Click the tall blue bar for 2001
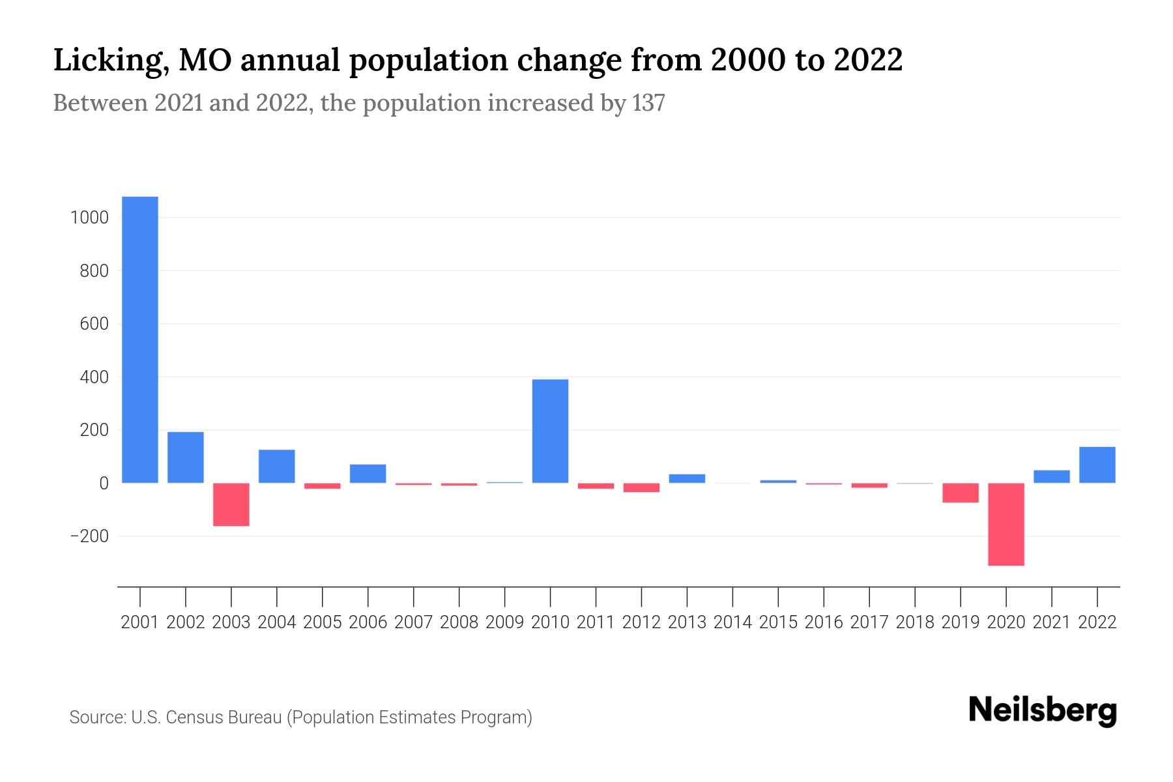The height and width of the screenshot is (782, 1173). pyautogui.click(x=140, y=340)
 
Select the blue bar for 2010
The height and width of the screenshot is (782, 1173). pyautogui.click(x=550, y=431)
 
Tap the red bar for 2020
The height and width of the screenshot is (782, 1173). pyautogui.click(x=1006, y=524)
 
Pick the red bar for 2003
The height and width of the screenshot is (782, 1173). pyautogui.click(x=231, y=504)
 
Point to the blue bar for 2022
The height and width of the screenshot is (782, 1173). pyautogui.click(x=1097, y=465)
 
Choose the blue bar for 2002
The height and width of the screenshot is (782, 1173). pyautogui.click(x=186, y=457)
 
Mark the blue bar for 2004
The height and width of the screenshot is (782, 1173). pyautogui.click(x=277, y=466)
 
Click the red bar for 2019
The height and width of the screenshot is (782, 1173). pyautogui.click(x=961, y=493)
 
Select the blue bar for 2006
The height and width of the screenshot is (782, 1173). pyautogui.click(x=368, y=473)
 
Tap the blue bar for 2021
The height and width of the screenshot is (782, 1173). pyautogui.click(x=1051, y=476)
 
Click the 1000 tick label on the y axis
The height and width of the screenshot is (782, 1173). pyautogui.click(x=89, y=218)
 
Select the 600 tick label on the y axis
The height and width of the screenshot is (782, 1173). pyautogui.click(x=94, y=324)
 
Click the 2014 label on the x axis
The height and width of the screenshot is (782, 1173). pyautogui.click(x=732, y=622)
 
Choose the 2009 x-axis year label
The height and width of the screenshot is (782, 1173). pyautogui.click(x=504, y=622)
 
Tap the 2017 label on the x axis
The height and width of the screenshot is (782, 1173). pyautogui.click(x=869, y=622)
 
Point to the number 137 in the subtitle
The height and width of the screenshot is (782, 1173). pyautogui.click(x=648, y=103)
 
